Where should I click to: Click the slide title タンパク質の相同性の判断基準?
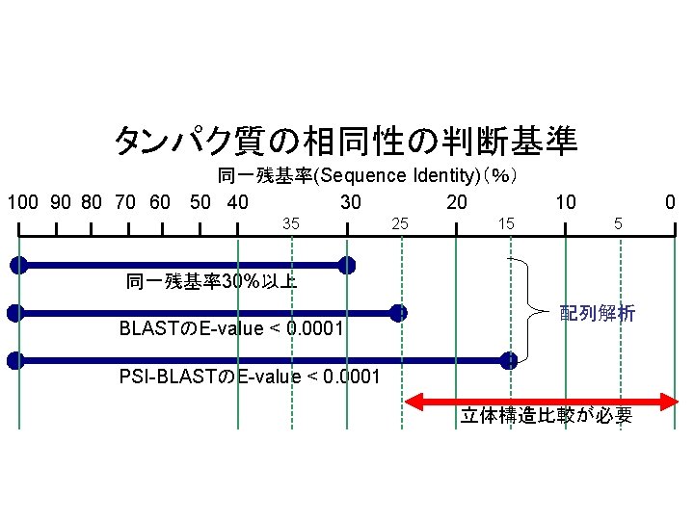[x=346, y=142]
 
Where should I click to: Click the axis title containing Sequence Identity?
[x=369, y=176]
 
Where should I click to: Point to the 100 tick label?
[x=22, y=203]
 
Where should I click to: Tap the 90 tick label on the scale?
[x=60, y=203]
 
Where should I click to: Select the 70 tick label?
[x=124, y=203]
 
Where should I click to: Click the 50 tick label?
[x=200, y=203]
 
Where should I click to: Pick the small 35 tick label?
[x=290, y=223]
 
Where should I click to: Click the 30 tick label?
[x=351, y=203]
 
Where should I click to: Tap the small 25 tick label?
[x=400, y=223]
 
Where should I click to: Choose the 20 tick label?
[x=457, y=203]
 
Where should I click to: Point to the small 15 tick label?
[x=505, y=223]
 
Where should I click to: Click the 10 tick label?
[x=566, y=203]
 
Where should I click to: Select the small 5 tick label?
[x=619, y=223]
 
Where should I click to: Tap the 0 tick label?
[x=672, y=203]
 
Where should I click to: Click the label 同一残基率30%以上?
[x=211, y=282]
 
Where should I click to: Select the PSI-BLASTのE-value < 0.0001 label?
[x=250, y=376]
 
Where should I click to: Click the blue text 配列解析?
[x=598, y=313]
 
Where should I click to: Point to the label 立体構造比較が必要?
[x=546, y=416]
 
